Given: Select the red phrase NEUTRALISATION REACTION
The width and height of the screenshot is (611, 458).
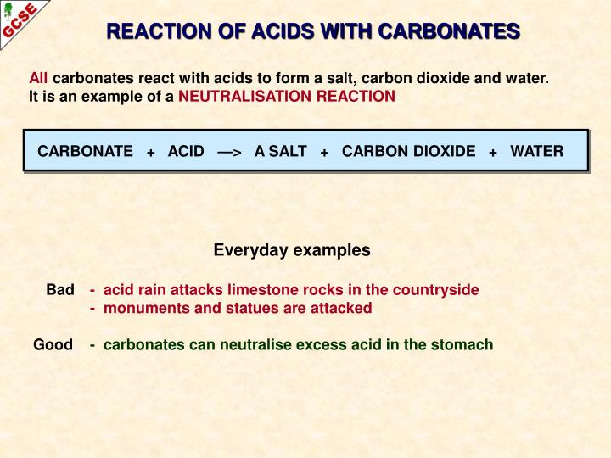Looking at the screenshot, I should [x=287, y=96].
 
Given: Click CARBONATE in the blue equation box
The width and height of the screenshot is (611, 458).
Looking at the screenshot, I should [x=85, y=151].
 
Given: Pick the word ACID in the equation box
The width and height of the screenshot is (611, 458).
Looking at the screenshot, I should [x=186, y=151].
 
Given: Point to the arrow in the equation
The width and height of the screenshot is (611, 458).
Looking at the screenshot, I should [x=229, y=152].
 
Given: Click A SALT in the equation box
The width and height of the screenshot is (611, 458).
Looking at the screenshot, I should [x=280, y=151].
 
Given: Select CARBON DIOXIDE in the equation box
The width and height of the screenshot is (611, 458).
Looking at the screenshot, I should [x=408, y=151].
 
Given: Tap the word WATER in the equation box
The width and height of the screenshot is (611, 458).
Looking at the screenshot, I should [x=536, y=151].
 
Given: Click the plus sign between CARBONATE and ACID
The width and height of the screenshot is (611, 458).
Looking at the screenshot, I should [x=150, y=152].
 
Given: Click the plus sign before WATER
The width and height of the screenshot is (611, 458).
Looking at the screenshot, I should [x=493, y=152].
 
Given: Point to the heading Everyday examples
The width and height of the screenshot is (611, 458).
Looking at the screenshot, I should [x=292, y=250].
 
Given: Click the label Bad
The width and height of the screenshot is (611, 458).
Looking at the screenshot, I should [x=60, y=289].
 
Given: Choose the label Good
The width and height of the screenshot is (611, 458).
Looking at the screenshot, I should [x=53, y=345].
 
